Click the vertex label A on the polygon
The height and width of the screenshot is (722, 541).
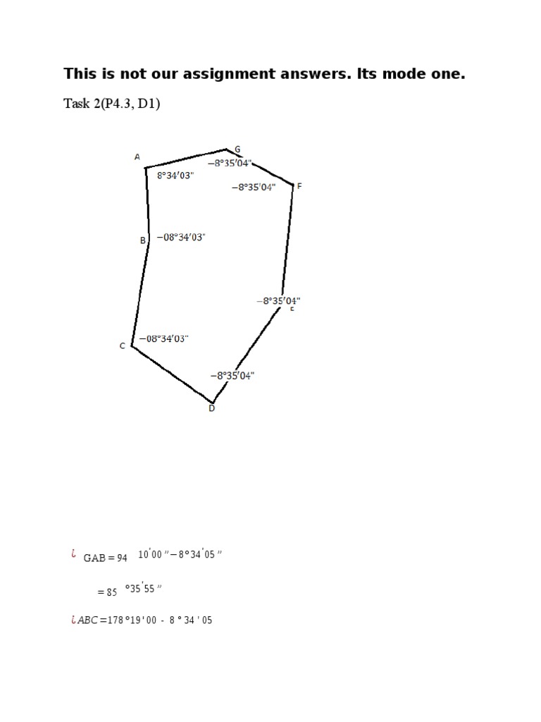[137, 157]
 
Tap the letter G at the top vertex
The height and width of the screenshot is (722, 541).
[237, 149]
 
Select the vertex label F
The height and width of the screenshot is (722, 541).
[299, 186]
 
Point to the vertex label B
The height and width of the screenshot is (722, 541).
[142, 240]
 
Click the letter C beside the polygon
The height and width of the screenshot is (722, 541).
[123, 346]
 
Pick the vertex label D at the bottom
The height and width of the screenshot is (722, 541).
[211, 408]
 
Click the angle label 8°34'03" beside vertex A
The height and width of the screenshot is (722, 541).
[175, 176]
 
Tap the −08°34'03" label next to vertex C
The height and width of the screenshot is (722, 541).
[163, 338]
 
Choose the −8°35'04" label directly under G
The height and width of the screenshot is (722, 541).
[230, 163]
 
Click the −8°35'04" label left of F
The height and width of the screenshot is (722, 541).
[254, 187]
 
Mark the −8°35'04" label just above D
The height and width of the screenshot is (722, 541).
[232, 376]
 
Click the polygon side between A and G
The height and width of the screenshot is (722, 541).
[186, 159]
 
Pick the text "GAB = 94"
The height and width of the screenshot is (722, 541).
[105, 558]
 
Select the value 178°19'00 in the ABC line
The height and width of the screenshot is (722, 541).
[132, 620]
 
